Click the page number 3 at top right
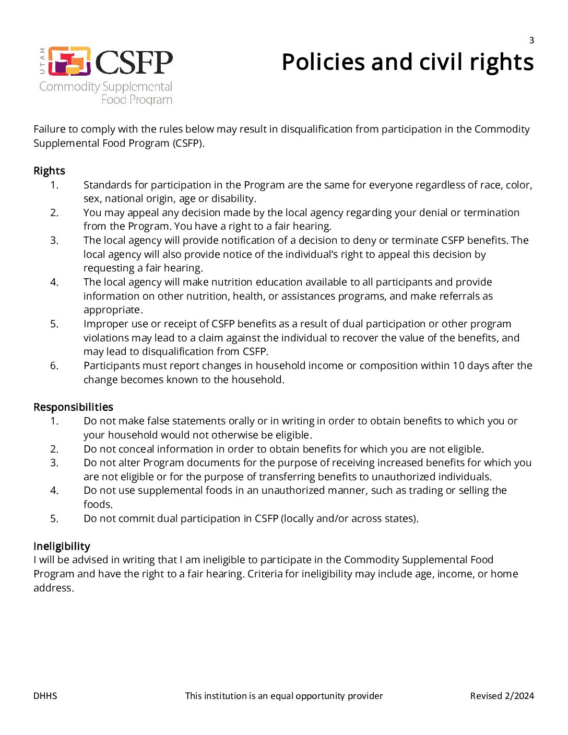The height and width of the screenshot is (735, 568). (x=531, y=40)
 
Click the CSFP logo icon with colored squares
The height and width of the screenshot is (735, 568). (x=69, y=62)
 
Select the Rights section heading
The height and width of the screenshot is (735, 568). (x=49, y=171)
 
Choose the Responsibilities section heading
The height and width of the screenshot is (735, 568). (x=73, y=407)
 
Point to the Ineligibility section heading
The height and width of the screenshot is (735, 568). (x=62, y=546)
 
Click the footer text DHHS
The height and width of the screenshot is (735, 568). (x=45, y=696)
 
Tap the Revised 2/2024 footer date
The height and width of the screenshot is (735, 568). (x=502, y=696)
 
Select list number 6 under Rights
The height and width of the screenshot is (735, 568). (x=54, y=365)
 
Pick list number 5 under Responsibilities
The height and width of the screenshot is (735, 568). (x=54, y=518)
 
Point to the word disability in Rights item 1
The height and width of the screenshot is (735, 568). (x=233, y=198)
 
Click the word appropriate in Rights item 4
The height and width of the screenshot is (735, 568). (x=112, y=310)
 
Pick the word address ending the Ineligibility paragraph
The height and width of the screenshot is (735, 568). (x=53, y=588)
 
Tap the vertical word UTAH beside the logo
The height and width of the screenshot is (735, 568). (x=42, y=62)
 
